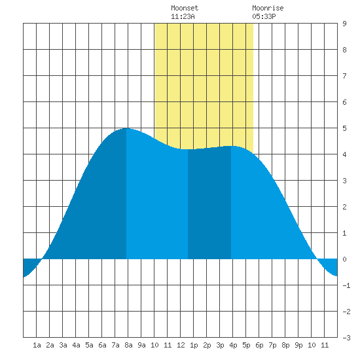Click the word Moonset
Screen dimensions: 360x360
pos(185,8)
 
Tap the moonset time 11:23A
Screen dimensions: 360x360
pos(183,16)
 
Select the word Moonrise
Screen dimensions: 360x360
pos(268,8)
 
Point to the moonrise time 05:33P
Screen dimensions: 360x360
pos(264,16)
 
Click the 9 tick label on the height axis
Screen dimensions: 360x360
pos(344,24)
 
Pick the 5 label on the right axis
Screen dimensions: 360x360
pos(344,128)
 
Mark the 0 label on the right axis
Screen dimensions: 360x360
pos(344,259)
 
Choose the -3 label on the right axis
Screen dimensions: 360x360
pos(346,338)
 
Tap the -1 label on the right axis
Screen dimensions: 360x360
pos(346,285)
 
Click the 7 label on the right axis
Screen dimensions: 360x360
pos(344,76)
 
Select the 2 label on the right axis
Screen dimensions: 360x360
pos(344,207)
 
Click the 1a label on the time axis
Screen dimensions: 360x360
pos(37,345)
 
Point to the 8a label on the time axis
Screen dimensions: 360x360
pos(128,345)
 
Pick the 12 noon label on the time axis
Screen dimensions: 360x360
pos(181,345)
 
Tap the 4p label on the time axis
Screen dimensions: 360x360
pos(233,345)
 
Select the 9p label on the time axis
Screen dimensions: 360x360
pos(298,345)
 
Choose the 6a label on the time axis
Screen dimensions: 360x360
pos(102,345)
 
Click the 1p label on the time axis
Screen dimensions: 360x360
pos(194,345)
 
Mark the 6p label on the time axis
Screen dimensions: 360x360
pos(259,345)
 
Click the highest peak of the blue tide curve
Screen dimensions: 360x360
pos(126,128)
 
